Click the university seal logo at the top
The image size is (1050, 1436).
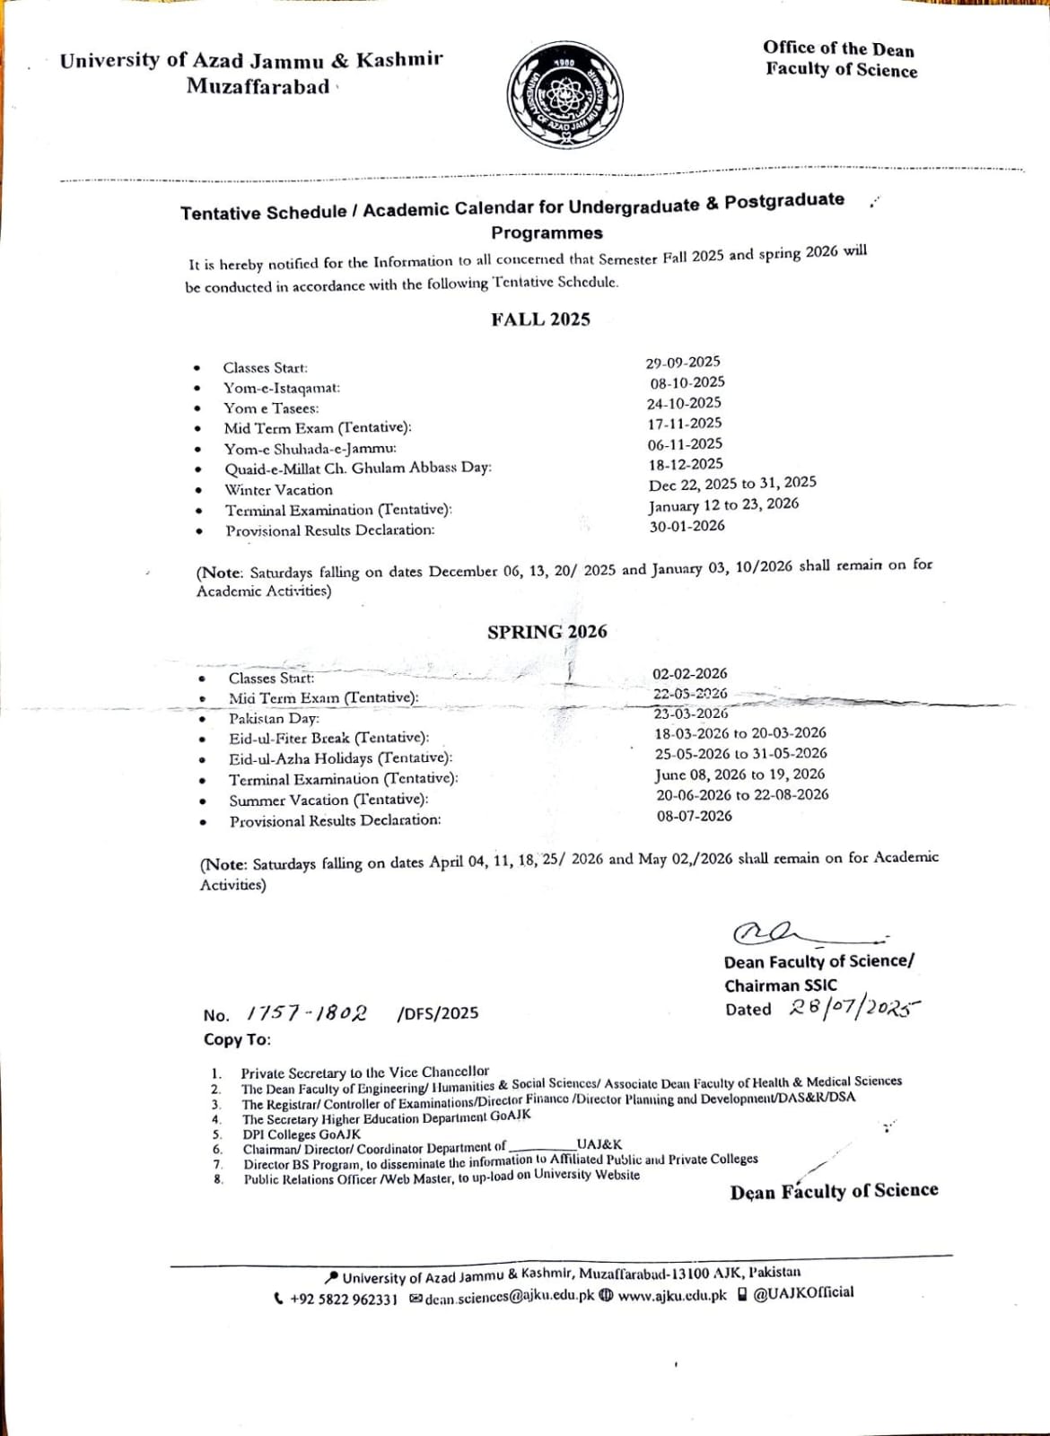coord(564,100)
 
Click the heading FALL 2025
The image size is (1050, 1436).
coord(540,320)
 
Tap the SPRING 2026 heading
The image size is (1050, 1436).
coord(547,632)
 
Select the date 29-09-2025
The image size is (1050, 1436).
coord(683,362)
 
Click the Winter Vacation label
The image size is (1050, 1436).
coord(278,490)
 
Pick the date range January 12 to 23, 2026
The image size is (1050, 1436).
coord(723,504)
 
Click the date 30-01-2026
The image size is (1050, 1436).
coord(687,526)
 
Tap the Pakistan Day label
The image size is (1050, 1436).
coord(274,718)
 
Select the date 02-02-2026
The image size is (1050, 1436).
coord(689,673)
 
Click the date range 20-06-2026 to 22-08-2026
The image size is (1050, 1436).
coord(742,795)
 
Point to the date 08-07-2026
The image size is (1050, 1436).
coord(694,816)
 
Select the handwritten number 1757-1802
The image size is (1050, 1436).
coord(306,1013)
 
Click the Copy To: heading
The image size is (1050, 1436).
coord(237,1039)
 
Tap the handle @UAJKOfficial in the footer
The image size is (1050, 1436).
coord(803,1292)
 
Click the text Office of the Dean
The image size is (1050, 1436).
coord(838,48)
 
